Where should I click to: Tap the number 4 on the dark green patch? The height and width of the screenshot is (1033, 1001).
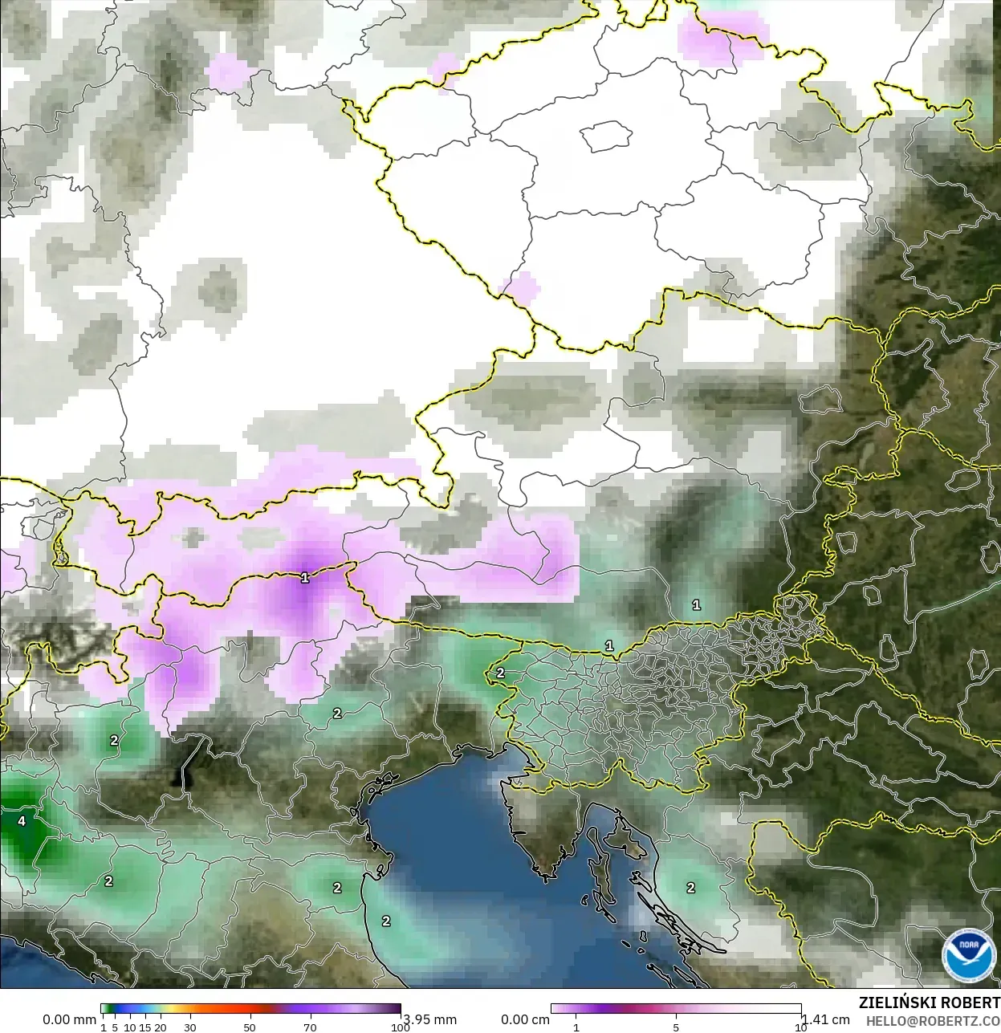pyautogui.click(x=22, y=821)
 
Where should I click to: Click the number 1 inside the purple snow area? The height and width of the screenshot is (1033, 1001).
pyautogui.click(x=304, y=577)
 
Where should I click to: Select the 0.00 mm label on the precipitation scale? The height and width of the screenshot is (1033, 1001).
pyautogui.click(x=69, y=1019)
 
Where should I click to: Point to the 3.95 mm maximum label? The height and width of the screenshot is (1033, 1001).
pyautogui.click(x=429, y=1019)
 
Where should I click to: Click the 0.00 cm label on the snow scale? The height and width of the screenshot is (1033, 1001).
pyautogui.click(x=525, y=1019)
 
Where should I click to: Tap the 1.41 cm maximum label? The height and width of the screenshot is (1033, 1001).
pyautogui.click(x=826, y=1019)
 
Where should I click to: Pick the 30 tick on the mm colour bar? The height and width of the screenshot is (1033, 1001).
pyautogui.click(x=190, y=1027)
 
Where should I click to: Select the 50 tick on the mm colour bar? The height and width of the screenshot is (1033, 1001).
pyautogui.click(x=250, y=1027)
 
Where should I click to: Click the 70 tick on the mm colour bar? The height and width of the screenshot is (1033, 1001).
pyautogui.click(x=310, y=1027)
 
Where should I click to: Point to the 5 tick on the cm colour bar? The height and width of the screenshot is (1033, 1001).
pyautogui.click(x=676, y=1027)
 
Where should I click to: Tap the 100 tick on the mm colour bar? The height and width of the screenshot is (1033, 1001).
pyautogui.click(x=400, y=1027)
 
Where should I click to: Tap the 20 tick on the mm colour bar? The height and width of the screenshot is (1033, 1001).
pyautogui.click(x=161, y=1027)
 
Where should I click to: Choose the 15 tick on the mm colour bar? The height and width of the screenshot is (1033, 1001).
pyautogui.click(x=145, y=1027)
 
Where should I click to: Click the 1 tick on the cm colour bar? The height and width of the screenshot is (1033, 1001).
pyautogui.click(x=576, y=1027)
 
